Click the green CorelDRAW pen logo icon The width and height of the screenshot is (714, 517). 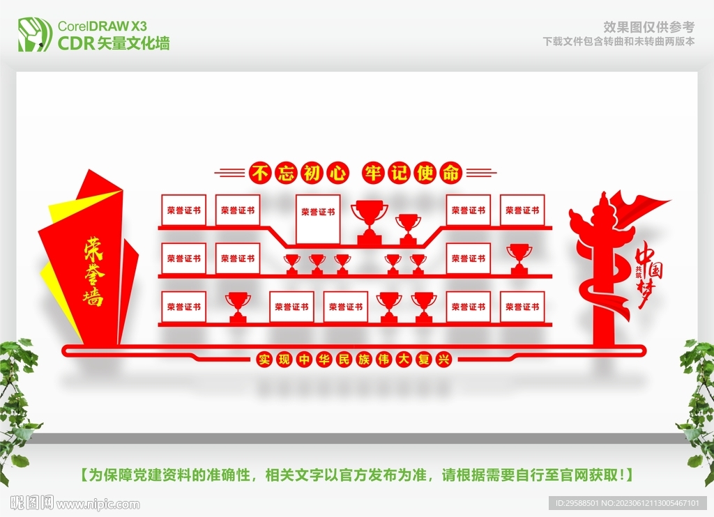35,33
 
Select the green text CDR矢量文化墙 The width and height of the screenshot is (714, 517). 113,44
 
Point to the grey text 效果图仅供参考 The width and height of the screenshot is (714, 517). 648,27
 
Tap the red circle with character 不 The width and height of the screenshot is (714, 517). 259,173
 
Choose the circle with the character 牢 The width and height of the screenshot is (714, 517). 373,173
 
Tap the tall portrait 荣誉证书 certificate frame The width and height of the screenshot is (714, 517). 318,217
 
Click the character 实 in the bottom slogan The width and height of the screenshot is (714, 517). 264,360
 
